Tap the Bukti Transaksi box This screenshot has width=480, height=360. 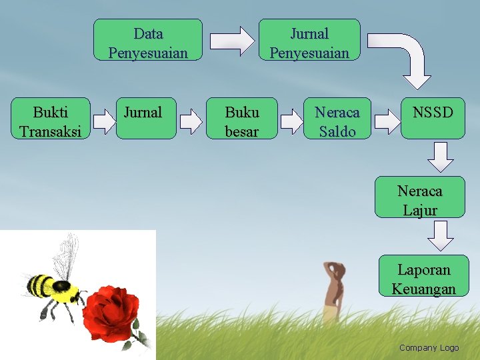pos(51,120)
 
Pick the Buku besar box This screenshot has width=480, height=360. pos(241,120)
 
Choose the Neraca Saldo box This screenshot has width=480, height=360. pos(337,120)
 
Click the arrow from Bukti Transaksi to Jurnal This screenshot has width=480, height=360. pos(104,121)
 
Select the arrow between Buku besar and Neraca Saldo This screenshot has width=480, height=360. pos(291,121)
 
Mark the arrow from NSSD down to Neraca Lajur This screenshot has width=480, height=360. pos(441,156)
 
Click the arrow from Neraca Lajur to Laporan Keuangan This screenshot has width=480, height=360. pos(441,235)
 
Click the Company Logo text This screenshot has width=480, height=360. pos(429,347)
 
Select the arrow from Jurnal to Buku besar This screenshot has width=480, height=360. pos(191,121)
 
